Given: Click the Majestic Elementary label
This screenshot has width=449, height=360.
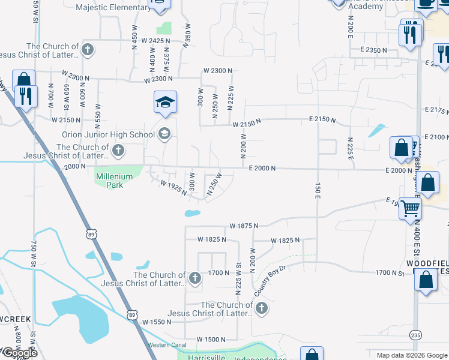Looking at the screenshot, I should [114, 8].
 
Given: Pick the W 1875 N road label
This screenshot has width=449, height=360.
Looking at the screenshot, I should [244, 226].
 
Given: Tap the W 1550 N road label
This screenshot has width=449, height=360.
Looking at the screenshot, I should [157, 322].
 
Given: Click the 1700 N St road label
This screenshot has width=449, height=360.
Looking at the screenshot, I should [390, 273].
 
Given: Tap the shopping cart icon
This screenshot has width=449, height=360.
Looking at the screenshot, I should [411, 208].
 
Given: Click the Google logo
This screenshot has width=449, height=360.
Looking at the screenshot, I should [19, 353].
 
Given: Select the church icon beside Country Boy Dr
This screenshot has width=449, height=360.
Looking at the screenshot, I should [261, 308].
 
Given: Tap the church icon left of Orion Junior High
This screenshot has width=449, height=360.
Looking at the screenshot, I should [118, 150].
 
